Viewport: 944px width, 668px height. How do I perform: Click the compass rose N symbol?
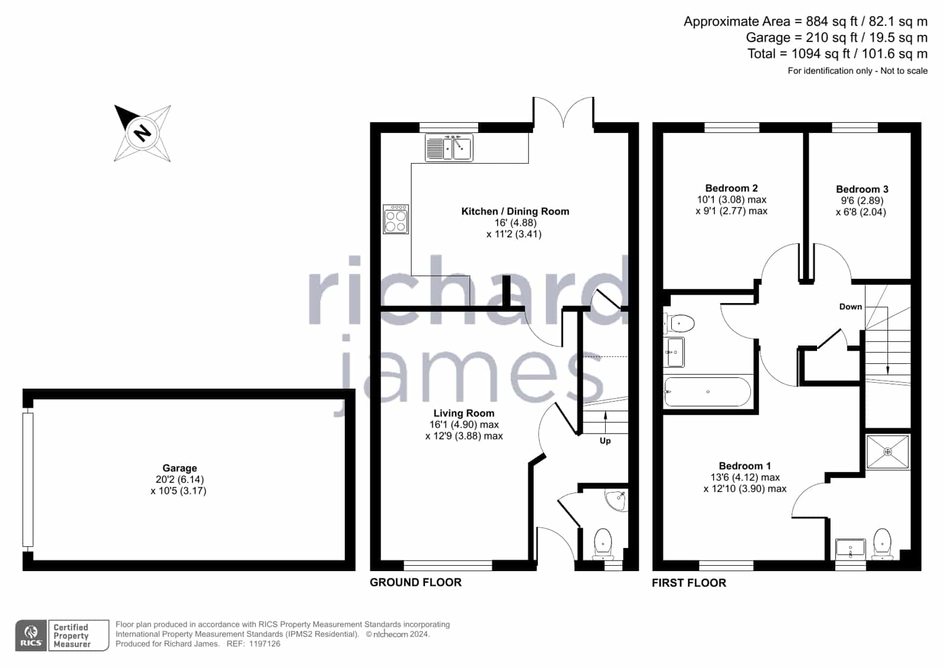coord(142,133)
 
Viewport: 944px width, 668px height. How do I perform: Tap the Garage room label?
coord(179,468)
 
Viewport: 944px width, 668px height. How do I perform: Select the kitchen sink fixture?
coord(449,148)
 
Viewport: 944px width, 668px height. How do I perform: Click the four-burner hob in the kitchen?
coord(396,219)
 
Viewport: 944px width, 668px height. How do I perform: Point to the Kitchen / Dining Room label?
coord(515,211)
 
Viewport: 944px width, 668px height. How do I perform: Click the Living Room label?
coord(463,413)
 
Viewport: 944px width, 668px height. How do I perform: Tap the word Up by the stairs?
coord(605,441)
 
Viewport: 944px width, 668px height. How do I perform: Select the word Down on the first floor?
coord(851,307)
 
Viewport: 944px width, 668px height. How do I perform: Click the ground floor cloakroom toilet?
coord(603,544)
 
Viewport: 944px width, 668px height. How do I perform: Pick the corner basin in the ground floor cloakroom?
coord(616,500)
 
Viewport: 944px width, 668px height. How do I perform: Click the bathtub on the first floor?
coord(707,392)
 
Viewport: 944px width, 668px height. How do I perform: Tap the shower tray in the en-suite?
coord(887,452)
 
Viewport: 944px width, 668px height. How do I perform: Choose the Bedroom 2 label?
coord(731,188)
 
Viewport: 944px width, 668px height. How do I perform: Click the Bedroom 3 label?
coord(862,190)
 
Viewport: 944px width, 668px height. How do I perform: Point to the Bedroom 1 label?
coord(744,466)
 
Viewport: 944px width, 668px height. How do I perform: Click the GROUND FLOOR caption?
coord(416,582)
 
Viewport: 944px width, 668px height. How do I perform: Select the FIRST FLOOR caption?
coord(689,583)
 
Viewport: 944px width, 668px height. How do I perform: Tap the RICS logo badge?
coord(31,636)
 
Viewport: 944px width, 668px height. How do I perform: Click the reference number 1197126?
coord(264,644)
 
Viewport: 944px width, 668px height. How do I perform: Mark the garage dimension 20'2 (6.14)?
coord(179,480)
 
